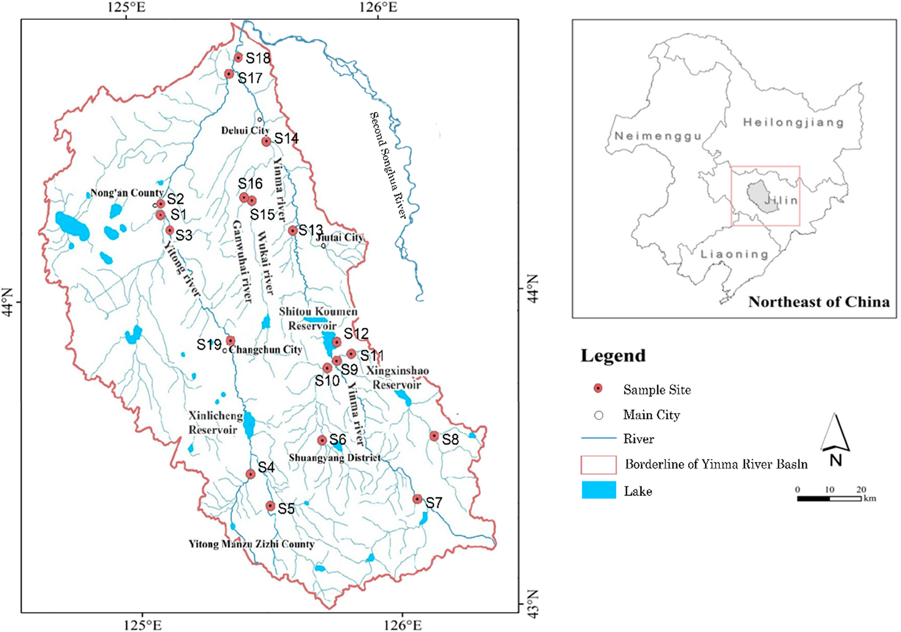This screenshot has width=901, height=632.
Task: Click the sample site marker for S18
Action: pyautogui.click(x=238, y=58)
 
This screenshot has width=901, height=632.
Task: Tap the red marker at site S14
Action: pyautogui.click(x=266, y=142)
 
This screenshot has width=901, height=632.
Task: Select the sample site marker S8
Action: pyautogui.click(x=434, y=436)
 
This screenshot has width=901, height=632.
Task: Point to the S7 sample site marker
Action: pyautogui.click(x=417, y=499)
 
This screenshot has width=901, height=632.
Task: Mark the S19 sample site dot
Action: pyautogui.click(x=230, y=341)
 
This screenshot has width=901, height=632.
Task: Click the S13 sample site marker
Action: pyautogui.click(x=293, y=231)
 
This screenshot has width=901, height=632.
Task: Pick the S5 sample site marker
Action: pyautogui.click(x=270, y=506)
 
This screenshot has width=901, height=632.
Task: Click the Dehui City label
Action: pyautogui.click(x=245, y=130)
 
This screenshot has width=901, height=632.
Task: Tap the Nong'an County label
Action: pyautogui.click(x=127, y=193)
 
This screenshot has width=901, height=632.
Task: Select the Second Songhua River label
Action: pyautogui.click(x=388, y=165)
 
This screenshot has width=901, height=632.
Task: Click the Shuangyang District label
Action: pyautogui.click(x=335, y=458)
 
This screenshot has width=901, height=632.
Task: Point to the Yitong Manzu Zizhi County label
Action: pyautogui.click(x=251, y=544)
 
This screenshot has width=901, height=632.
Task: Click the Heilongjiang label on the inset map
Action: pyautogui.click(x=793, y=123)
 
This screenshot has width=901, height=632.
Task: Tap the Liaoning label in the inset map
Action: pyautogui.click(x=734, y=254)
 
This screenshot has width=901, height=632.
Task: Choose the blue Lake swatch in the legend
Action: pyautogui.click(x=599, y=490)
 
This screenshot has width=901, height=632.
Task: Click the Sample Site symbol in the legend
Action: pyautogui.click(x=598, y=389)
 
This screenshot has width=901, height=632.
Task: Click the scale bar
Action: pyautogui.click(x=829, y=498)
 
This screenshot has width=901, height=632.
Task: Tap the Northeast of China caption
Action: pyautogui.click(x=819, y=302)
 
